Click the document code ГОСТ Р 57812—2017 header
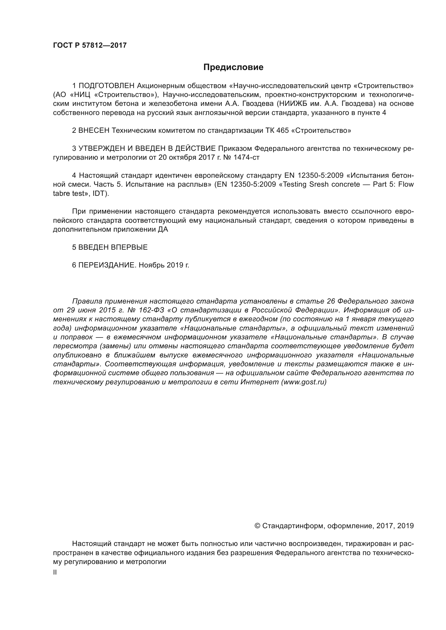[x=90, y=45]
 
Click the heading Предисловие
[x=233, y=67]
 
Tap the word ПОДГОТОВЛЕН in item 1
[x=107, y=86]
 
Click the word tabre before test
[x=61, y=193]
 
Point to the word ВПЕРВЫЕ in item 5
[x=129, y=247]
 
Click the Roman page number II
[x=55, y=573]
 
